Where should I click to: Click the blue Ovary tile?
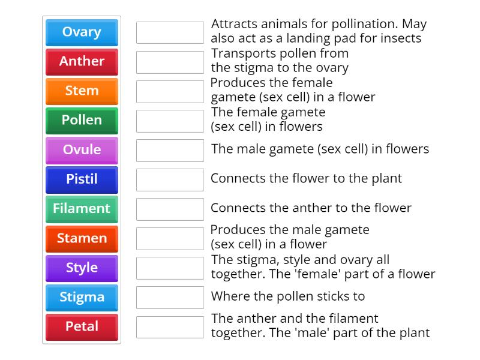82,32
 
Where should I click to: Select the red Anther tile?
82,62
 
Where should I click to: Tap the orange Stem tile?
82,91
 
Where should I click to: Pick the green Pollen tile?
82,121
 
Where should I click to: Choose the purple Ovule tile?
82,150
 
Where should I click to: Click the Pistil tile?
82,179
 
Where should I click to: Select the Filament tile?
82,209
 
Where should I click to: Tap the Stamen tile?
82,238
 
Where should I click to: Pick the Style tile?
82,268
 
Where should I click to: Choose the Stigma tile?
82,297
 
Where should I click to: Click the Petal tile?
82,326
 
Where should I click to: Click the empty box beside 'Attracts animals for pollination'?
170,32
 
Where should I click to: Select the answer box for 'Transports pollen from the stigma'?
170,62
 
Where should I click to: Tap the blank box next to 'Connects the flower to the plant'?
170,179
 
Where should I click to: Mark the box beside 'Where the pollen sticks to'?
170,297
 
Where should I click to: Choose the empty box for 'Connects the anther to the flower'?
170,209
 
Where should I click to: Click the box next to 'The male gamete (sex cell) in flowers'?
170,150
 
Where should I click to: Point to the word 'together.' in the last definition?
236,333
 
